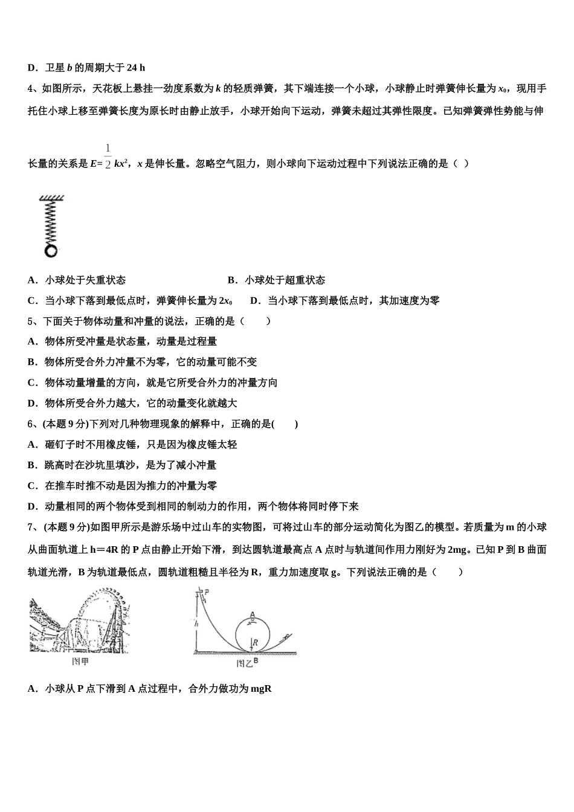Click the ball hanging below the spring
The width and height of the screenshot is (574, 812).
click(50, 251)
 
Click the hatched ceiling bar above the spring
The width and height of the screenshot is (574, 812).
click(51, 198)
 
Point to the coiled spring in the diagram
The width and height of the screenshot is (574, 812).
click(51, 222)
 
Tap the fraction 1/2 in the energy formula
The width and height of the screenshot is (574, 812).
click(108, 156)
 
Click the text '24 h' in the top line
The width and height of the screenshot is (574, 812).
click(136, 68)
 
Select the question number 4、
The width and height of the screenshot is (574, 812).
click(34, 89)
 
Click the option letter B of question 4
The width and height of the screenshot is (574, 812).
click(231, 280)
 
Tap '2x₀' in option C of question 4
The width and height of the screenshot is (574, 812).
click(225, 301)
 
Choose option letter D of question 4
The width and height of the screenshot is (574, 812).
click(254, 301)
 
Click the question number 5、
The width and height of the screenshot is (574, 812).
click(34, 321)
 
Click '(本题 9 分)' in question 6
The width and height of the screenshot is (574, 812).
click(65, 424)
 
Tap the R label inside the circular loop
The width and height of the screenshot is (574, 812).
click(256, 642)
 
